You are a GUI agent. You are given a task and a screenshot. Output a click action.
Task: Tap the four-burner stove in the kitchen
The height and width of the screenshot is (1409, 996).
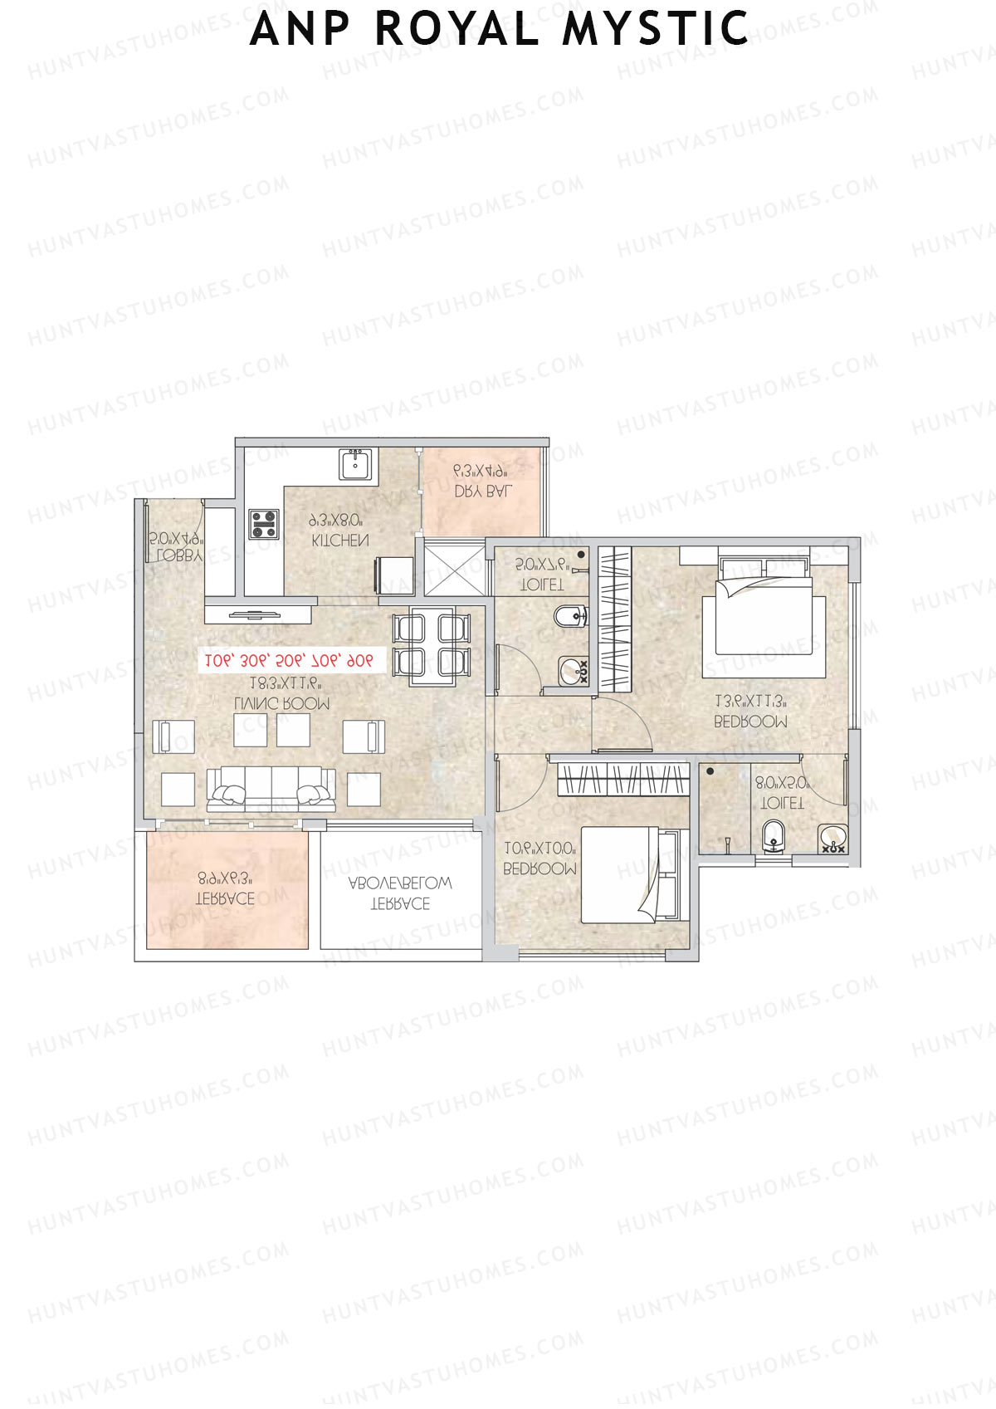tap(264, 524)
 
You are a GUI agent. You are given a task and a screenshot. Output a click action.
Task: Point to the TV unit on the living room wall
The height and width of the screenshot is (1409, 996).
tap(258, 614)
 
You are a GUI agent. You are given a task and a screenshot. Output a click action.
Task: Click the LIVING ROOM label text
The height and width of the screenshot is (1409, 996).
tap(282, 703)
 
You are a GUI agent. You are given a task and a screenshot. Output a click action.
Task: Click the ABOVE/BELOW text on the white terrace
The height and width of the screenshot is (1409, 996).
tap(400, 883)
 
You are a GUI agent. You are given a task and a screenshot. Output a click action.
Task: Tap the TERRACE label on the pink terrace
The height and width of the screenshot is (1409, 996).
tap(224, 898)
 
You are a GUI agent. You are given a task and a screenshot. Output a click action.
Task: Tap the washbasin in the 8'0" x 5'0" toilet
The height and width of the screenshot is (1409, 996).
tap(831, 839)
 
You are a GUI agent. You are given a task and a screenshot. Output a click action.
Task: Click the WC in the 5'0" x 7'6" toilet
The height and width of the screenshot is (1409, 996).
tap(569, 617)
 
